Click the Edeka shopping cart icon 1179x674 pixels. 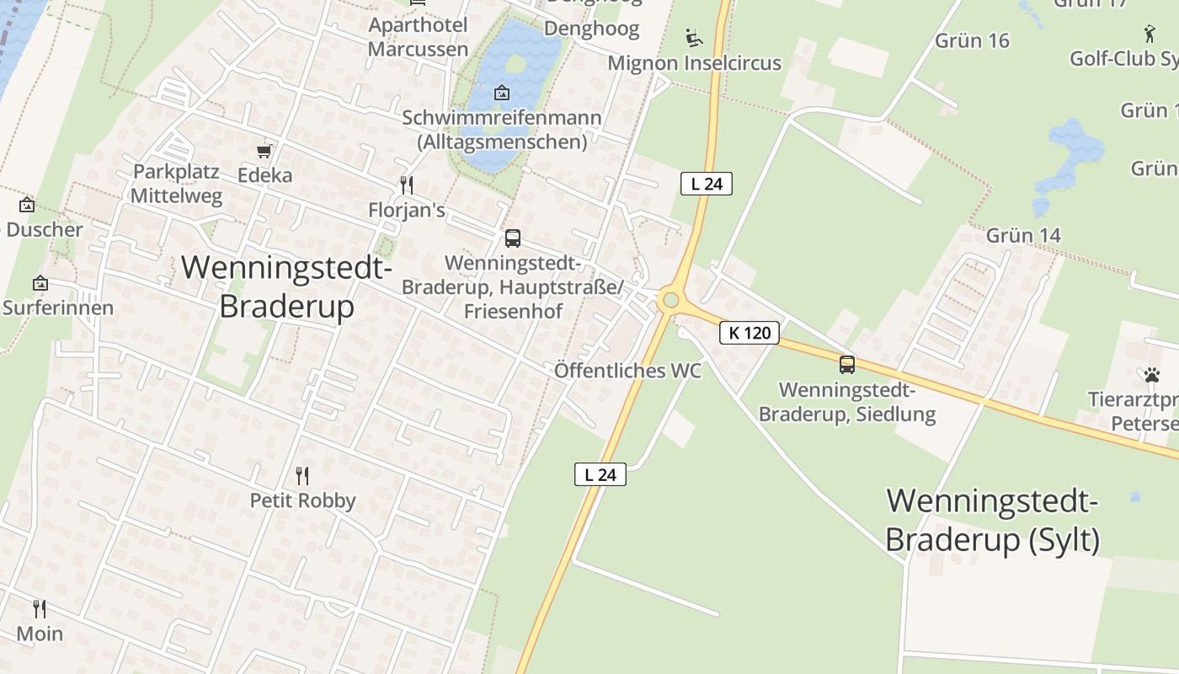pyautogui.click(x=264, y=151)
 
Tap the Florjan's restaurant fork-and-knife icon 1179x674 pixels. pyautogui.click(x=407, y=185)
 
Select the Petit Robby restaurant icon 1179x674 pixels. pyautogui.click(x=302, y=476)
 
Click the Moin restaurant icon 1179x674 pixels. pyautogui.click(x=40, y=608)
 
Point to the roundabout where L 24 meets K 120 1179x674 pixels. pyautogui.click(x=670, y=300)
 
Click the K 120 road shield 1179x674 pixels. pyautogui.click(x=750, y=333)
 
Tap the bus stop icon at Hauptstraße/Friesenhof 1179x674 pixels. pyautogui.click(x=512, y=238)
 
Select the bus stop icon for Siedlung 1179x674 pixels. pyautogui.click(x=846, y=365)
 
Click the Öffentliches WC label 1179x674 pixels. pyautogui.click(x=627, y=371)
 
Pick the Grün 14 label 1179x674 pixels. pyautogui.click(x=1022, y=235)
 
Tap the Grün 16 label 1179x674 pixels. pyautogui.click(x=972, y=40)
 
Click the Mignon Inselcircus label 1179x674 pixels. pyautogui.click(x=694, y=63)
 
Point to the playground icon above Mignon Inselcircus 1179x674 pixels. pyautogui.click(x=694, y=37)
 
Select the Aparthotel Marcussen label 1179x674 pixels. pyautogui.click(x=418, y=37)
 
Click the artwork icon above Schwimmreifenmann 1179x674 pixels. pyautogui.click(x=502, y=92)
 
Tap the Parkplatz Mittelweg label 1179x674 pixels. pyautogui.click(x=177, y=184)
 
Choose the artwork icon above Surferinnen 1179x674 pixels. pyautogui.click(x=40, y=284)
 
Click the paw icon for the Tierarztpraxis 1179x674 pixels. pyautogui.click(x=1151, y=375)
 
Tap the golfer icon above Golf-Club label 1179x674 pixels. pyautogui.click(x=1150, y=34)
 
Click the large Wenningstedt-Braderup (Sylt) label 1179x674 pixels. pyautogui.click(x=992, y=520)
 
